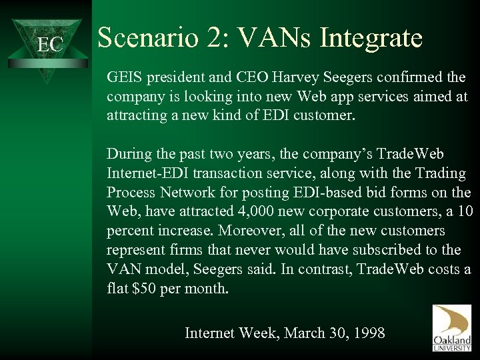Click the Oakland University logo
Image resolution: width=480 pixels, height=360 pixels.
(x=451, y=327)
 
